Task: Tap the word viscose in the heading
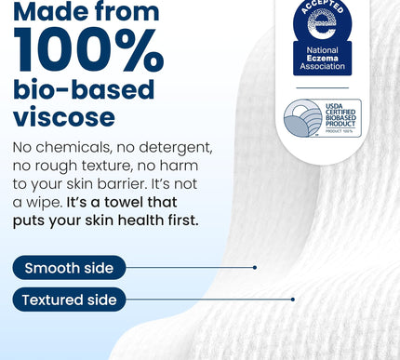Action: tap(64, 116)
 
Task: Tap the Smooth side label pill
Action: tap(69, 268)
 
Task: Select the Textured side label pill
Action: tap(70, 300)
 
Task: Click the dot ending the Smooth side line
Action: tap(255, 268)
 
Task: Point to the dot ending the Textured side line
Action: tap(293, 300)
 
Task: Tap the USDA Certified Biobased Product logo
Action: tap(322, 118)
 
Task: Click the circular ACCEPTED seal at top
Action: tap(322, 20)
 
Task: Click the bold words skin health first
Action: tap(162, 220)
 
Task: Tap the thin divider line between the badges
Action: tap(322, 87)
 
